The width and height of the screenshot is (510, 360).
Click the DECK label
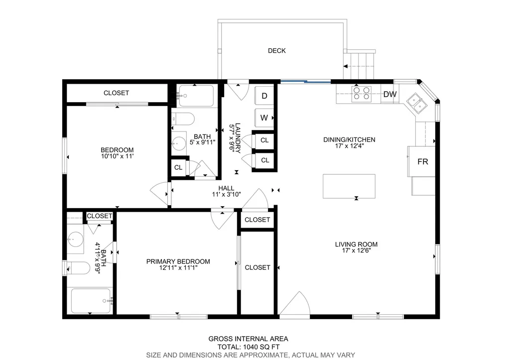(x=276, y=51)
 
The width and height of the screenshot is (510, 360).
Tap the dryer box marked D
(x=264, y=96)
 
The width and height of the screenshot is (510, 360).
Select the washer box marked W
(x=264, y=118)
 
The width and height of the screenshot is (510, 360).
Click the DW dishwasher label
(x=389, y=94)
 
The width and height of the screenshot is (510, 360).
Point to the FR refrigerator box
(x=422, y=161)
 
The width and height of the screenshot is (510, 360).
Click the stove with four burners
(x=362, y=94)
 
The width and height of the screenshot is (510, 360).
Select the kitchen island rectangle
(x=349, y=186)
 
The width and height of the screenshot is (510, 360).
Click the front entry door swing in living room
(x=295, y=305)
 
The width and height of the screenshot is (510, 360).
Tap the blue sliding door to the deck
(x=305, y=81)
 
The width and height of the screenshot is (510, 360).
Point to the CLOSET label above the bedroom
(x=116, y=93)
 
